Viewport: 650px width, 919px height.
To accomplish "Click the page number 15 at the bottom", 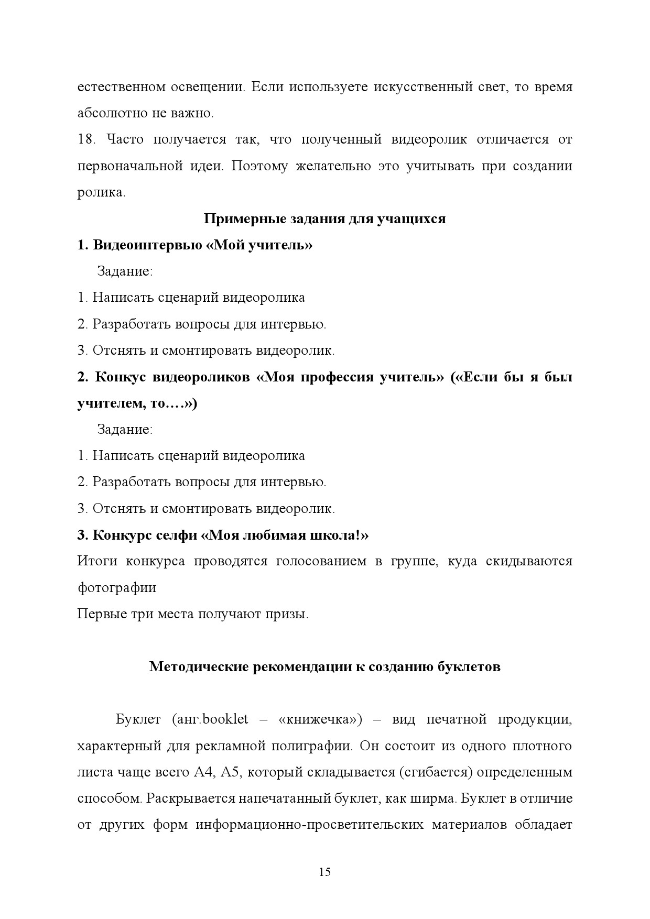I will click(324, 872).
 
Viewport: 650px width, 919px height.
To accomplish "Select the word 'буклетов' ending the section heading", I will click(469, 666).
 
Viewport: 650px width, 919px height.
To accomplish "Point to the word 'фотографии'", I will click(116, 588).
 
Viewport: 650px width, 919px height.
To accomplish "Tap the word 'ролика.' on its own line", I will click(101, 192).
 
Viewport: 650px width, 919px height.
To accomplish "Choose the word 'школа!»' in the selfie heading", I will click(343, 535).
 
